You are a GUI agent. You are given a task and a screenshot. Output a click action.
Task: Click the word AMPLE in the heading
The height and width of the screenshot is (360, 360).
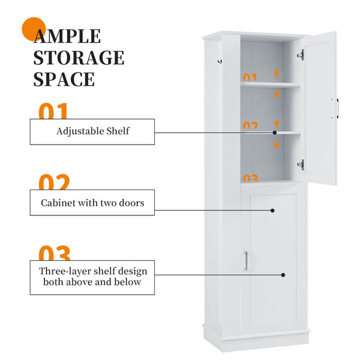click(x=67, y=37)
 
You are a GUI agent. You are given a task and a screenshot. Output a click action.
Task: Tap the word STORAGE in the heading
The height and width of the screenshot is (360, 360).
click(x=79, y=58)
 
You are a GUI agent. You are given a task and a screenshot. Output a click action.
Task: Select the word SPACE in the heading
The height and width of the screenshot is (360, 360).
click(x=64, y=79)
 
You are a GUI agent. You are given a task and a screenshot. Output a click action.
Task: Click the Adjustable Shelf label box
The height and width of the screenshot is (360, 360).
click(x=92, y=131)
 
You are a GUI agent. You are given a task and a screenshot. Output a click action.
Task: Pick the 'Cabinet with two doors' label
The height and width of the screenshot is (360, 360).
click(x=92, y=203)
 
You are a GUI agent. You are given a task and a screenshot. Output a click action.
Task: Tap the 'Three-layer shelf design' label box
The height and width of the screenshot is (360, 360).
click(x=93, y=276)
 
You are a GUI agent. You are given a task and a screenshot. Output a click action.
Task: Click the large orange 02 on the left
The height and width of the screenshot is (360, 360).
click(x=55, y=182)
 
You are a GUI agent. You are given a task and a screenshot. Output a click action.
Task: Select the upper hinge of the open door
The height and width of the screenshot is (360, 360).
click(x=301, y=55)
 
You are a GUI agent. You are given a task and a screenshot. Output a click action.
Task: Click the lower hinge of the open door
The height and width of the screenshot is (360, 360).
click(x=301, y=163)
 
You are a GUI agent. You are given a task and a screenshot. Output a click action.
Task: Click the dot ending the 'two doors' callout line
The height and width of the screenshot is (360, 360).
click(x=272, y=211)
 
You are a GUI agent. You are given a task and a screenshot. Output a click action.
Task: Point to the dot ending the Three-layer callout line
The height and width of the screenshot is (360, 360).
click(x=283, y=275)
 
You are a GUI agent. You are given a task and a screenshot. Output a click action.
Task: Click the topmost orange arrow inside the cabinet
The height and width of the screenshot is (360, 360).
click(x=276, y=74)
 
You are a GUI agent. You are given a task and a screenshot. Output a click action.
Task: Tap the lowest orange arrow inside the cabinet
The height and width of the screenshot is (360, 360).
click(x=276, y=145)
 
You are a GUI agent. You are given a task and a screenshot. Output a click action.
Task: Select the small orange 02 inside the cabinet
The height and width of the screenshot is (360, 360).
click(x=250, y=126)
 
